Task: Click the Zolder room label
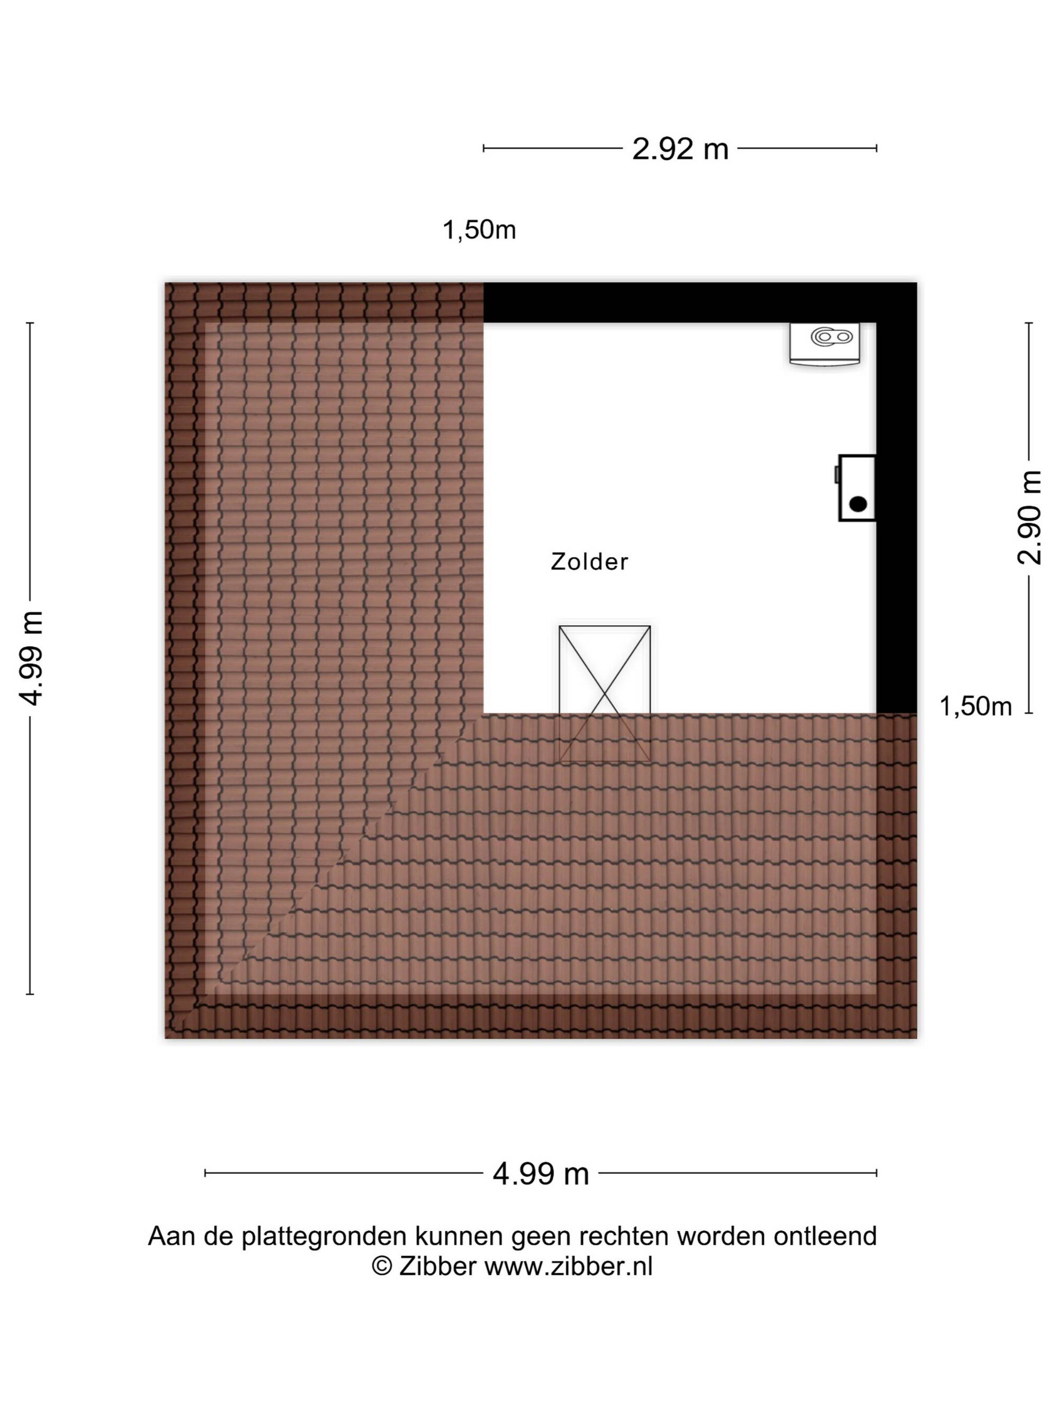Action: pos(589,562)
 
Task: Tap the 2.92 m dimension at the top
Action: pos(680,149)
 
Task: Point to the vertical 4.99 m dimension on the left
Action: pos(31,658)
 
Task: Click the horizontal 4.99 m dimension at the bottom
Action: pos(541,1174)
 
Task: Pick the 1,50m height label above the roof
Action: pos(479,230)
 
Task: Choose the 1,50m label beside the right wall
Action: pos(975,706)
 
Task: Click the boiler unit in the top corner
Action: pos(824,344)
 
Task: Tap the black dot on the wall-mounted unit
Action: pos(858,504)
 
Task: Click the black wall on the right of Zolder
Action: pos(896,498)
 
